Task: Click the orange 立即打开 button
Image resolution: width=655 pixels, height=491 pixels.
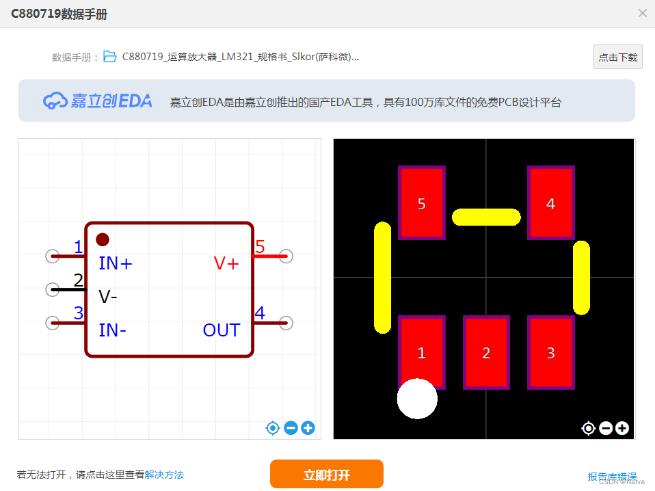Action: tap(326, 475)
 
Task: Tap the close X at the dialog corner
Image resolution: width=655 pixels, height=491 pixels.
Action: tap(642, 13)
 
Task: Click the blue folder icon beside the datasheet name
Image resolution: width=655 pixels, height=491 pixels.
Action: tap(110, 57)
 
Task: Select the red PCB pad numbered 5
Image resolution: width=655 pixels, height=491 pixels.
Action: tap(421, 203)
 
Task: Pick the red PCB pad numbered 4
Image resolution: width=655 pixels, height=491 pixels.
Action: tap(550, 203)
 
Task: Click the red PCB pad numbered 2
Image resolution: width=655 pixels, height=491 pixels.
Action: tap(486, 352)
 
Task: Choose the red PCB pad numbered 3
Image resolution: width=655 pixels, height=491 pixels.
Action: tap(550, 352)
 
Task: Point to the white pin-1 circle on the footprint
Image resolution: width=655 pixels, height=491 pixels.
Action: tap(417, 399)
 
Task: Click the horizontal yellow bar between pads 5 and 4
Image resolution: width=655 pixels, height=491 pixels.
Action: tap(486, 217)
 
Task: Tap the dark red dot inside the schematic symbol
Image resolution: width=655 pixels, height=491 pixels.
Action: tap(103, 239)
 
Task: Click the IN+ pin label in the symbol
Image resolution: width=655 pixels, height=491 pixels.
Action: tap(116, 263)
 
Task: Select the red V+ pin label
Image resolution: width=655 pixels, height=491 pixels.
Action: tap(226, 263)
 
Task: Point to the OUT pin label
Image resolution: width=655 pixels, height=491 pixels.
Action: tap(221, 330)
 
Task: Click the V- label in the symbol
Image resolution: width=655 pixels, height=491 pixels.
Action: tap(108, 297)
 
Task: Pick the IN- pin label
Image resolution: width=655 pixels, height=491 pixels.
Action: tap(113, 330)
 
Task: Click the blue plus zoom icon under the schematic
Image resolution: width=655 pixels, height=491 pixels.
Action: tap(308, 428)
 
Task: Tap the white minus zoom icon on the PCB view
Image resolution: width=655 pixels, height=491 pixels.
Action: tap(605, 428)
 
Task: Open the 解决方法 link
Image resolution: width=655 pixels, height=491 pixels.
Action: tap(164, 475)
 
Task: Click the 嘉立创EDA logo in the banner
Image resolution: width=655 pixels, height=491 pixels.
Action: tap(98, 101)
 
